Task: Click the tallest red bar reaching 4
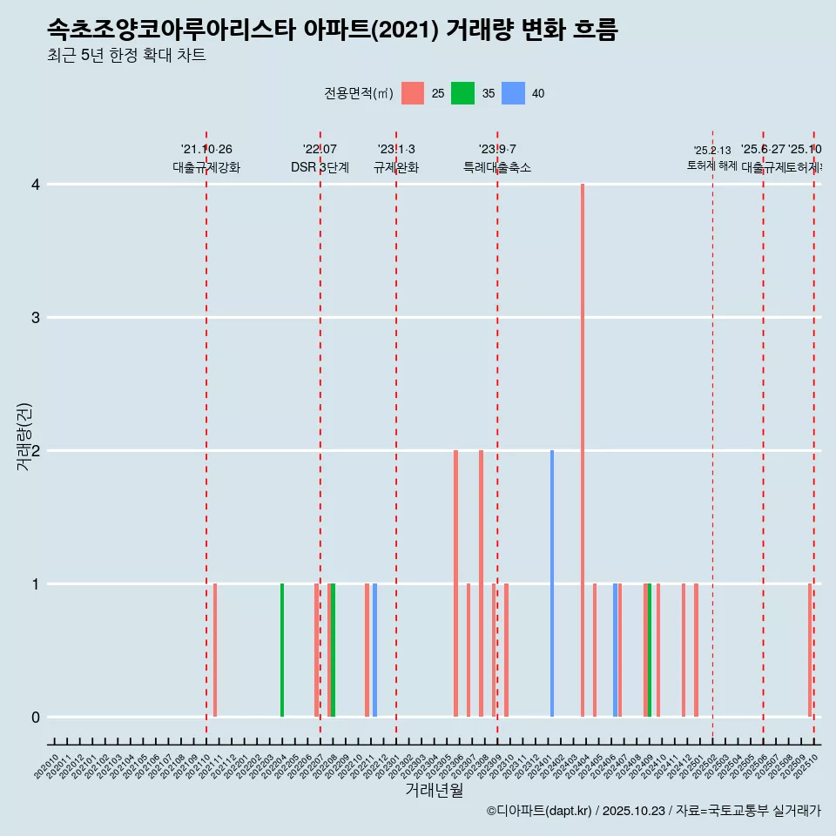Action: pos(583,450)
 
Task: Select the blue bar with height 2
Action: pos(552,583)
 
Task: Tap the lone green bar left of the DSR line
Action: pos(282,650)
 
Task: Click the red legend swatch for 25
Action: pos(413,93)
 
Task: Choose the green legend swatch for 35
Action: pos(462,93)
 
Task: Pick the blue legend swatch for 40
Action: pos(514,93)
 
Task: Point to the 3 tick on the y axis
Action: pos(36,317)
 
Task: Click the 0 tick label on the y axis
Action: pos(36,718)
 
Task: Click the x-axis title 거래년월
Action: pos(434,791)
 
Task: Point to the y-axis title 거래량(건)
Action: pos(24,436)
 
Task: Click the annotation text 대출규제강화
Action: pos(206,167)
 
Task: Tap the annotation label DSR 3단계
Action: pos(320,167)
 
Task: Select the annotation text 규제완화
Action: pos(396,167)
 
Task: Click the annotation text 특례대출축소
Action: pos(497,167)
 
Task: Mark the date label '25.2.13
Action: pos(712,151)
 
